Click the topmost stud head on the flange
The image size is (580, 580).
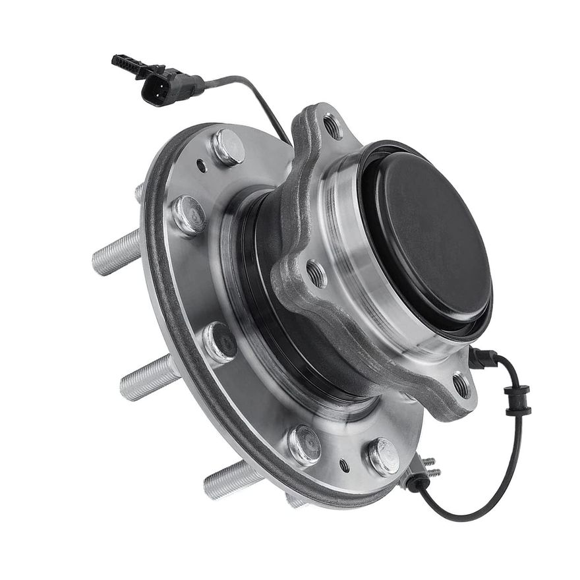coord(228,147)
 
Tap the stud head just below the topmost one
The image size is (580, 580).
coord(188,215)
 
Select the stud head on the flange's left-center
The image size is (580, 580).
coord(220,341)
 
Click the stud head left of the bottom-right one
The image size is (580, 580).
coord(304,445)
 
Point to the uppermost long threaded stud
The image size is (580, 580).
coord(117,253)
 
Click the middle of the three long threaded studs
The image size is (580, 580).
coord(146,378)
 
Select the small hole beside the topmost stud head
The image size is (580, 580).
coord(201,166)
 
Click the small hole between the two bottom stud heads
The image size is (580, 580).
coord(343,465)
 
